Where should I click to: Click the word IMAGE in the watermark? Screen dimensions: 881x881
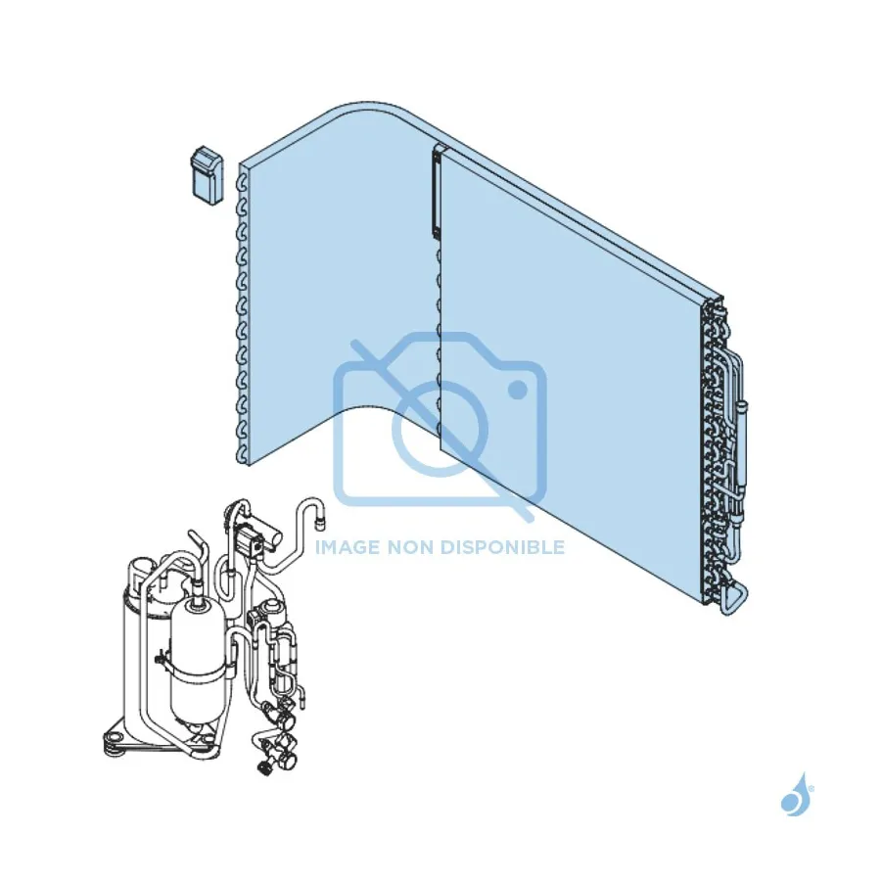[x=348, y=546]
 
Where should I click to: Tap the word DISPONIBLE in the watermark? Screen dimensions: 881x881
[x=502, y=546]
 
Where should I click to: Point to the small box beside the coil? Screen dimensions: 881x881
[x=207, y=176]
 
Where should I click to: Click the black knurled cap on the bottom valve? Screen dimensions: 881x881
[x=263, y=767]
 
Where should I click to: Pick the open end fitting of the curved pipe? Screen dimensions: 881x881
[x=320, y=522]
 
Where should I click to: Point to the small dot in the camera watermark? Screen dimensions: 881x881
[x=518, y=390]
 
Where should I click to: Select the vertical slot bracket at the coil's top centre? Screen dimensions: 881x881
[x=438, y=192]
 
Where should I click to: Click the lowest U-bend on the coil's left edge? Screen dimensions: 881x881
[x=242, y=454]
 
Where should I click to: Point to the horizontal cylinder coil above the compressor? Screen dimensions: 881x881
[x=259, y=537]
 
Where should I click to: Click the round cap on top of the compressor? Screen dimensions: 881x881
[x=140, y=568]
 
